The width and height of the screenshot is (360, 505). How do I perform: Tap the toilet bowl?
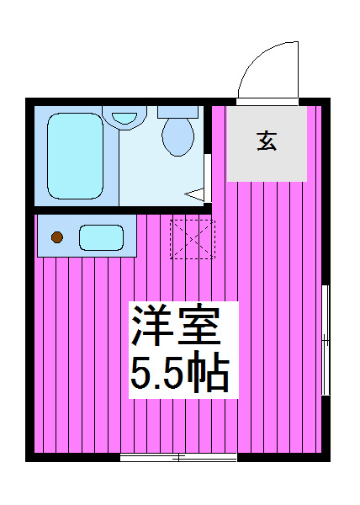[177, 136]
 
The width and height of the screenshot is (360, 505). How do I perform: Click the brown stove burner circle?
[57, 237]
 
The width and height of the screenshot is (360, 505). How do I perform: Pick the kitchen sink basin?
[102, 237]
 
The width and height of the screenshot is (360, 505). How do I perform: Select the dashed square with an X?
[193, 239]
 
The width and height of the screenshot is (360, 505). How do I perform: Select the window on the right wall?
[326, 338]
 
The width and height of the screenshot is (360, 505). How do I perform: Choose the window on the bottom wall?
[178, 457]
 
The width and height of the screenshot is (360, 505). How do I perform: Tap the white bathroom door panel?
[207, 177]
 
